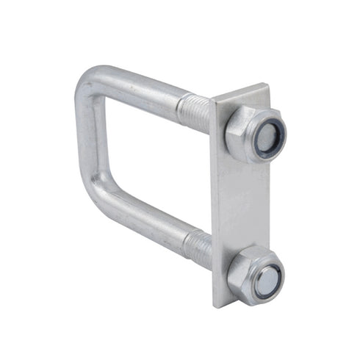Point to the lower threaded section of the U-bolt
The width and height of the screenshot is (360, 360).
pos(197,247)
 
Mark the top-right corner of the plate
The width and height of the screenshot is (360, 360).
pos(269,87)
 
